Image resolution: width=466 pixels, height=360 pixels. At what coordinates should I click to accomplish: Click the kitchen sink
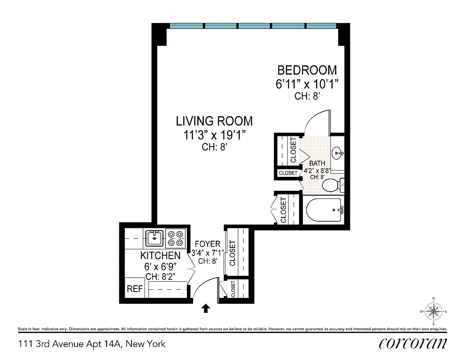click(154, 238)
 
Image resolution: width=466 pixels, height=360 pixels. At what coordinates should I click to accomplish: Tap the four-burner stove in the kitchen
click(175, 238)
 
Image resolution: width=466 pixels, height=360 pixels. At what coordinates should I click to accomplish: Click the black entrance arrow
click(206, 308)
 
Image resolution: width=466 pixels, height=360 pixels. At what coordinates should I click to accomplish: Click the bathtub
click(324, 210)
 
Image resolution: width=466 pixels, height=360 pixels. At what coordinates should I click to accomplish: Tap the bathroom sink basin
click(337, 153)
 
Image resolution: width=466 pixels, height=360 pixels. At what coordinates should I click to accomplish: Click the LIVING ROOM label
click(214, 121)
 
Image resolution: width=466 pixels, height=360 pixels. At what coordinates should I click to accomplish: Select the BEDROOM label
click(307, 70)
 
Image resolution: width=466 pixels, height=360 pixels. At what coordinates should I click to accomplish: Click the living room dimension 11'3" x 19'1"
click(214, 135)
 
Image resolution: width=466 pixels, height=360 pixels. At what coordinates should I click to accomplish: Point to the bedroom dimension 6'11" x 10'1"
click(307, 84)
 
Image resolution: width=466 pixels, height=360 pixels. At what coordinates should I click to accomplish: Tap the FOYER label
click(207, 244)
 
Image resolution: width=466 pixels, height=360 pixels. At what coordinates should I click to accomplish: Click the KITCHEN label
click(160, 256)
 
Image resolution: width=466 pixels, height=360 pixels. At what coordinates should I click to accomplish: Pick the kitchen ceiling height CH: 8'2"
click(160, 275)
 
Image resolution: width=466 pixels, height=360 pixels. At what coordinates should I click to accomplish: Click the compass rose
click(433, 311)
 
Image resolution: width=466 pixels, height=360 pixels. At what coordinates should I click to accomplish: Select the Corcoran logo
click(413, 343)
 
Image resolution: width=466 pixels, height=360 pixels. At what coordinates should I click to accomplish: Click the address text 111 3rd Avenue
click(92, 344)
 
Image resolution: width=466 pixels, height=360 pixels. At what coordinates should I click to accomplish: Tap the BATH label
click(317, 163)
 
